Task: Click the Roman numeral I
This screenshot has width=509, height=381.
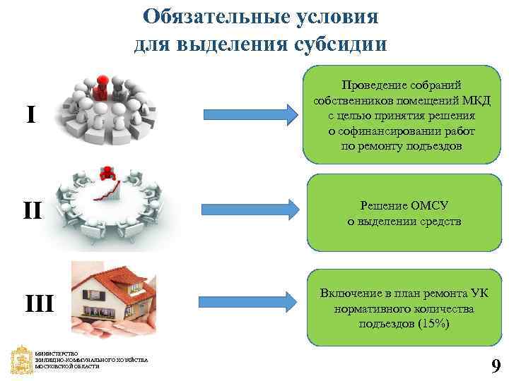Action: [30, 114]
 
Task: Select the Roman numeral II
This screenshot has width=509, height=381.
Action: [32, 210]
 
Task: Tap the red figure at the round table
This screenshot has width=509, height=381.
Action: [108, 172]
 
